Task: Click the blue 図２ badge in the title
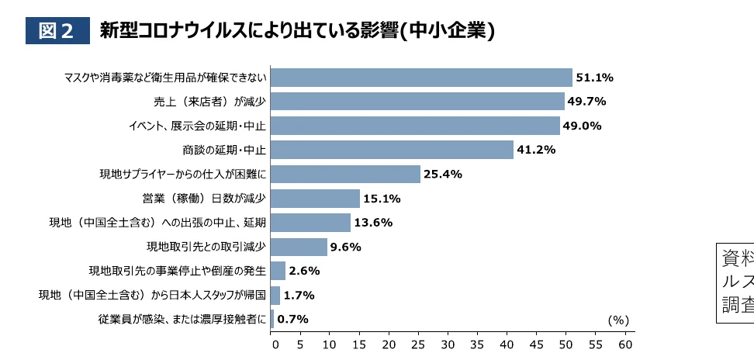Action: tap(57, 30)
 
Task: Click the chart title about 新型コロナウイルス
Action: tap(297, 30)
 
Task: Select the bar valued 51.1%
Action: tap(421, 78)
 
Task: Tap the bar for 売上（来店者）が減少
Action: tap(417, 102)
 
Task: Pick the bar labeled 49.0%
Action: tap(415, 126)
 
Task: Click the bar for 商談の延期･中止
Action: tap(392, 150)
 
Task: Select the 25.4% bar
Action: tap(345, 174)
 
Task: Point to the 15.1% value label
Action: tap(382, 199)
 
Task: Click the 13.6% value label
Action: tap(374, 223)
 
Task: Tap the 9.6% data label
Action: tap(347, 247)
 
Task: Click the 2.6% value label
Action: tap(304, 271)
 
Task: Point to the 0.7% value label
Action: tap(293, 319)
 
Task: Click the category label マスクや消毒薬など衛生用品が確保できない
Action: tap(165, 78)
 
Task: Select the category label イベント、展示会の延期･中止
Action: tap(197, 126)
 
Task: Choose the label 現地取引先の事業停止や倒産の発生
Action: tap(178, 271)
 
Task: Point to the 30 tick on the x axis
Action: tap(448, 344)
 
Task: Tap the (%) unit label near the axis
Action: tap(618, 320)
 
